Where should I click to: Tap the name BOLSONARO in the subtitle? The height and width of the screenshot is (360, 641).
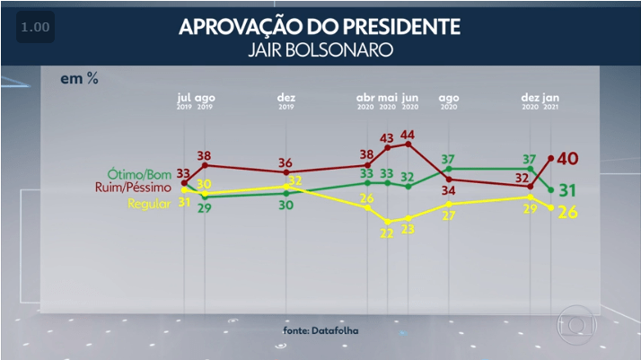click(346, 50)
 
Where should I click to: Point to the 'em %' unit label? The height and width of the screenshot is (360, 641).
click(79, 79)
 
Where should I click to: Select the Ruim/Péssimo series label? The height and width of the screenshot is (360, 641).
click(132, 188)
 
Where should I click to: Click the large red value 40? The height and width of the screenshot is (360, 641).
click(567, 159)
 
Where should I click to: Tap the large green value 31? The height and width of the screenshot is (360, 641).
click(567, 190)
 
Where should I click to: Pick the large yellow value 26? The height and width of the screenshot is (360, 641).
click(567, 214)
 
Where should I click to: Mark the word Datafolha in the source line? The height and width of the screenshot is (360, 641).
click(338, 330)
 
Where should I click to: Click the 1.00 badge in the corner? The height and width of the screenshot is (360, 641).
click(34, 28)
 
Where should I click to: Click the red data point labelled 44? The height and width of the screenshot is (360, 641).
click(409, 144)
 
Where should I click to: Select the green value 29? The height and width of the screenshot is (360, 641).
click(204, 208)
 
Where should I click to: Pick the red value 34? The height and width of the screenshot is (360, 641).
click(448, 190)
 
